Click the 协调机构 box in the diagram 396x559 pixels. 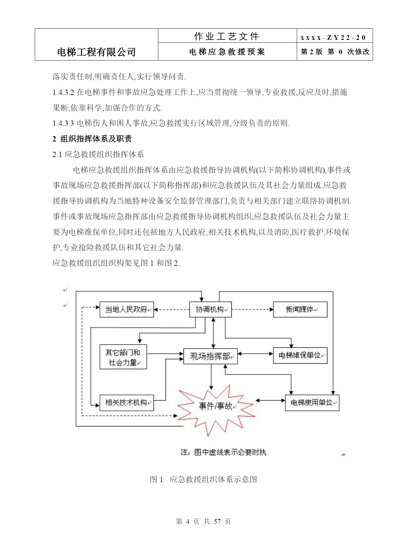pos(210,309)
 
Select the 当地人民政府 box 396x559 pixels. pos(127,309)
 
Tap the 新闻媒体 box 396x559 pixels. pos(300,309)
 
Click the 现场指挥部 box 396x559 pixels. pos(211,356)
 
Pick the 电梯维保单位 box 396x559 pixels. pos(300,355)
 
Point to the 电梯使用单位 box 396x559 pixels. pos(312,403)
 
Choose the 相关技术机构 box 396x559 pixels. pos(127,403)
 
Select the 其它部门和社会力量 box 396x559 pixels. pos(123,357)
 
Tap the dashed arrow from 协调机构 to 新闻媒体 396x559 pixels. pos(252,309)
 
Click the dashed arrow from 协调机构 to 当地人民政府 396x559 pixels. pos(172,309)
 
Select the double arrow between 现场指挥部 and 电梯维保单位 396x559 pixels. pos(255,353)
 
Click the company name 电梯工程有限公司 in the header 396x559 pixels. pos(96,52)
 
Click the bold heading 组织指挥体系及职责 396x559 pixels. pos(96,139)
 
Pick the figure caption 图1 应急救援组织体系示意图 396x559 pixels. pos(204,479)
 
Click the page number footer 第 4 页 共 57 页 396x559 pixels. pos(203,521)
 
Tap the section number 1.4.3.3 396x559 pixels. pos(63,123)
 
